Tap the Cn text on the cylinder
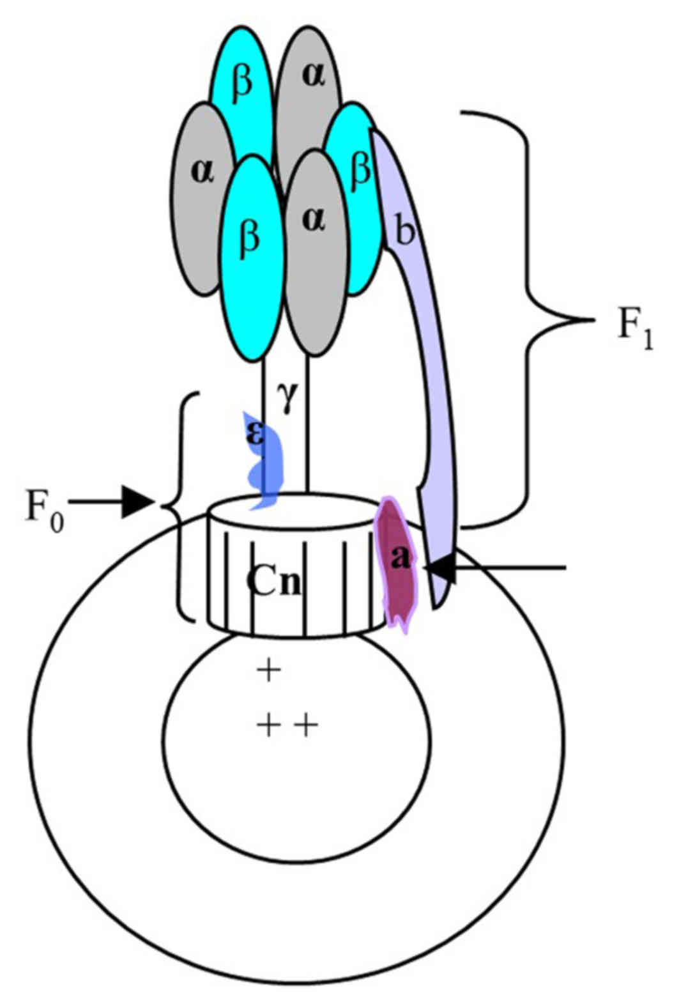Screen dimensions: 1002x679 pos(273,583)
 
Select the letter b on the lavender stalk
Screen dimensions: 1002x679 pos(404,233)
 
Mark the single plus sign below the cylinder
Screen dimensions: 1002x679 pos(269,671)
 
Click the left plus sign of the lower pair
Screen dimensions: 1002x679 pos(269,725)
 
